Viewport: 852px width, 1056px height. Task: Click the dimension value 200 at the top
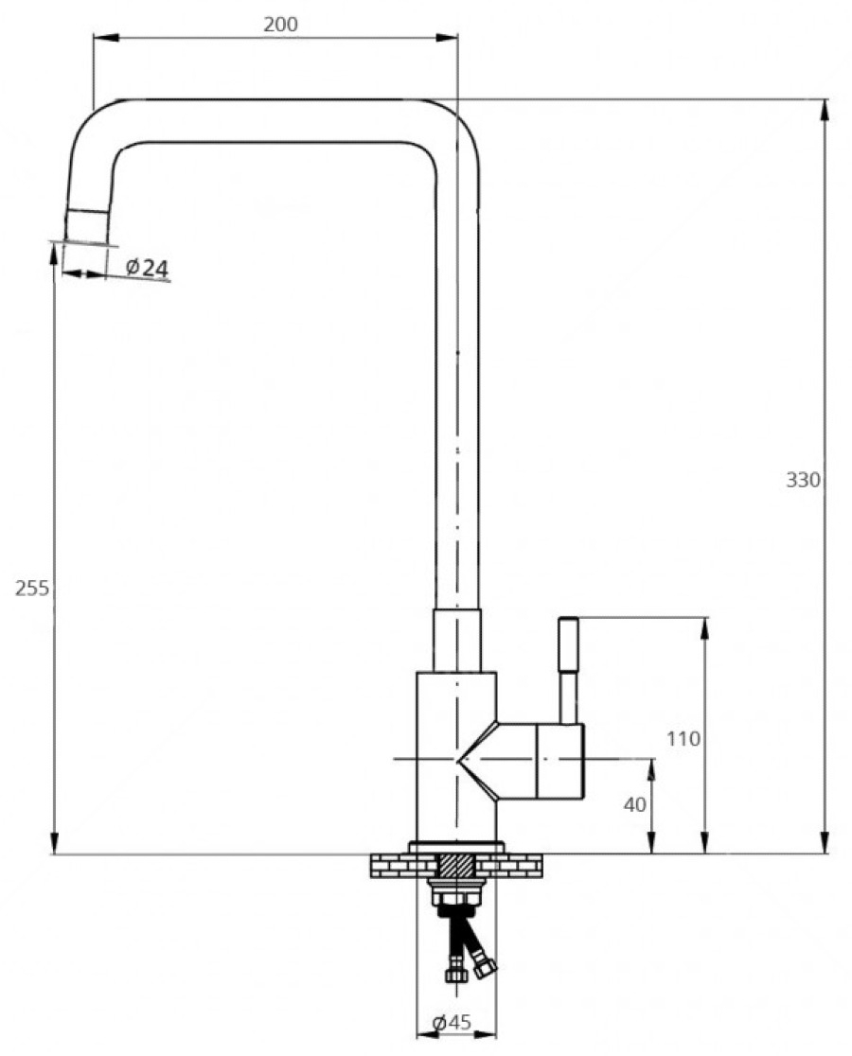280,25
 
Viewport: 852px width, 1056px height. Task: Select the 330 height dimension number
803,480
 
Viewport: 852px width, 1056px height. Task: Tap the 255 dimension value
32,589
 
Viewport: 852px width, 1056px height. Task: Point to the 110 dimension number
683,739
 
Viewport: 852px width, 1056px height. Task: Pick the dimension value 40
634,804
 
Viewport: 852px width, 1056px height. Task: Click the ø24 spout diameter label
148,268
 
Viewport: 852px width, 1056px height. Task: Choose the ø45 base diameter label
452,1022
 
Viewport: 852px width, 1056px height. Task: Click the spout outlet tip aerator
87,226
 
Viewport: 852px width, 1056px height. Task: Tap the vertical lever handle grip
568,644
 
